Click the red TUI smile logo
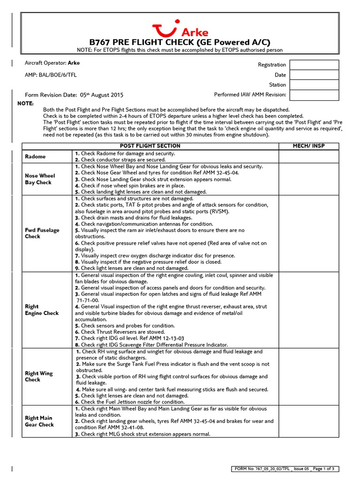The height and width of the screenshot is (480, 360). [x=165, y=29]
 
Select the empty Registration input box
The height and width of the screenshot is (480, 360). [x=314, y=65]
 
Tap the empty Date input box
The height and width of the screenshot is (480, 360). [x=314, y=75]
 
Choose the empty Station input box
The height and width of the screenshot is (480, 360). [x=314, y=85]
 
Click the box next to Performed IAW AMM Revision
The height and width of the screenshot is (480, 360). [x=314, y=95]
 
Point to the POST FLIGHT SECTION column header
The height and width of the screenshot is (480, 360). [x=150, y=146]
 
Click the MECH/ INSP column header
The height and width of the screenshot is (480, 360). [x=308, y=146]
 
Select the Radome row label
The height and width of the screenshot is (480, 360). [x=35, y=157]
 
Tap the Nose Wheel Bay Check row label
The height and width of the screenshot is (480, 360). [x=40, y=179]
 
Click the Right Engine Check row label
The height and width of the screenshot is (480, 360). [x=41, y=310]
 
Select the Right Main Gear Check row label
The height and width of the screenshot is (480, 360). [x=39, y=421]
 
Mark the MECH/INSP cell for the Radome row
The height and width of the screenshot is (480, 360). [x=308, y=157]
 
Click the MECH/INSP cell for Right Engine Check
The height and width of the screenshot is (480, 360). [x=308, y=310]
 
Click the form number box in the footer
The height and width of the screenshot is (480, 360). [x=286, y=469]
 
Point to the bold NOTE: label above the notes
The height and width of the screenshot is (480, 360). [x=25, y=103]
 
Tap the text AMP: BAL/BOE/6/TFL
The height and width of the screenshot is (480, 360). [x=52, y=75]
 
